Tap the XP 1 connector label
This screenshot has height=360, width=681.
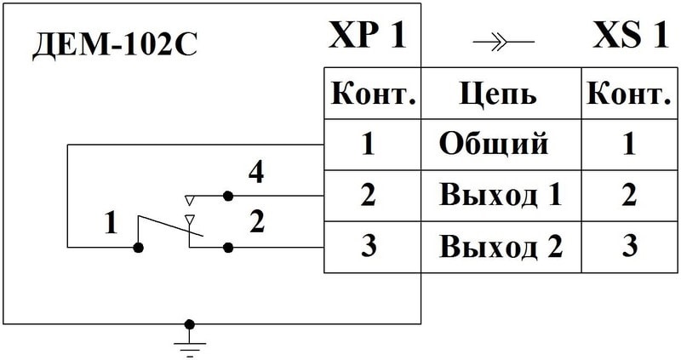click(x=367, y=37)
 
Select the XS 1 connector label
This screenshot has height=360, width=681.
click(x=630, y=37)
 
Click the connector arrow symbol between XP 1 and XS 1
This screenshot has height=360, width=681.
click(x=502, y=41)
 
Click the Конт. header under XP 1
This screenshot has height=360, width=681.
click(x=372, y=93)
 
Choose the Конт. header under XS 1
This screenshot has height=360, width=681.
click(x=629, y=93)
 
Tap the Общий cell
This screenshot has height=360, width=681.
click(x=493, y=144)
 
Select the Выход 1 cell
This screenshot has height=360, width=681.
click(x=501, y=195)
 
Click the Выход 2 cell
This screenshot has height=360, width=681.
click(x=501, y=247)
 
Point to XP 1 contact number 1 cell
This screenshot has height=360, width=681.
click(x=368, y=144)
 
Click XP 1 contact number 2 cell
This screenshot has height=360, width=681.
click(x=368, y=195)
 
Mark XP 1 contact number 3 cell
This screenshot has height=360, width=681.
click(x=368, y=247)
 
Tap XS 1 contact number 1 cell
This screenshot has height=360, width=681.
click(x=629, y=144)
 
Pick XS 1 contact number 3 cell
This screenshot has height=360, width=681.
click(x=629, y=247)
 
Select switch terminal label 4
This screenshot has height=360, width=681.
click(x=255, y=174)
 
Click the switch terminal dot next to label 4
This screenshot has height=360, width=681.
click(x=227, y=196)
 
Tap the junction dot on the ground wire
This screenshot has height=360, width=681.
click(x=189, y=324)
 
